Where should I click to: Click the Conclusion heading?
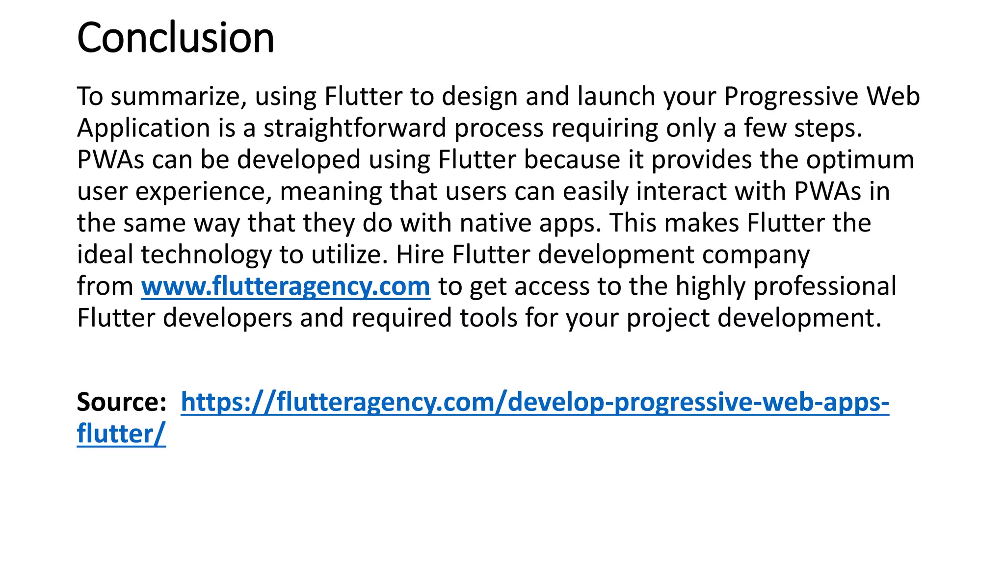point(175,38)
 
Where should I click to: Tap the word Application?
point(144,128)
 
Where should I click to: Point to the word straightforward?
point(355,128)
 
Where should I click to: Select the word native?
point(496,223)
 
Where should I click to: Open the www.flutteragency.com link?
point(286,286)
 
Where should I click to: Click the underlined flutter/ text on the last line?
point(121,434)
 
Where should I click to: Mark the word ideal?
point(105,255)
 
